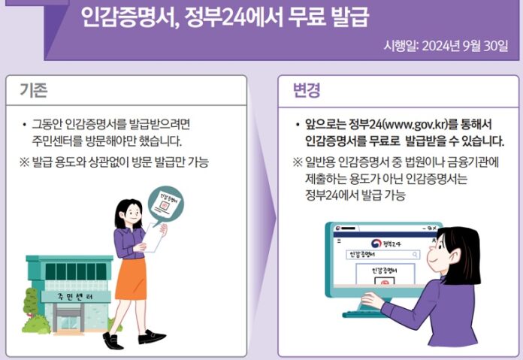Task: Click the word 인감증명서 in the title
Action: coord(132,17)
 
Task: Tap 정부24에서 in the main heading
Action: coord(233,17)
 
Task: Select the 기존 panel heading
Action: coord(35,90)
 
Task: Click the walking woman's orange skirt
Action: coord(132,278)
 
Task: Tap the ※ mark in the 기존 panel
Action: coord(24,162)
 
